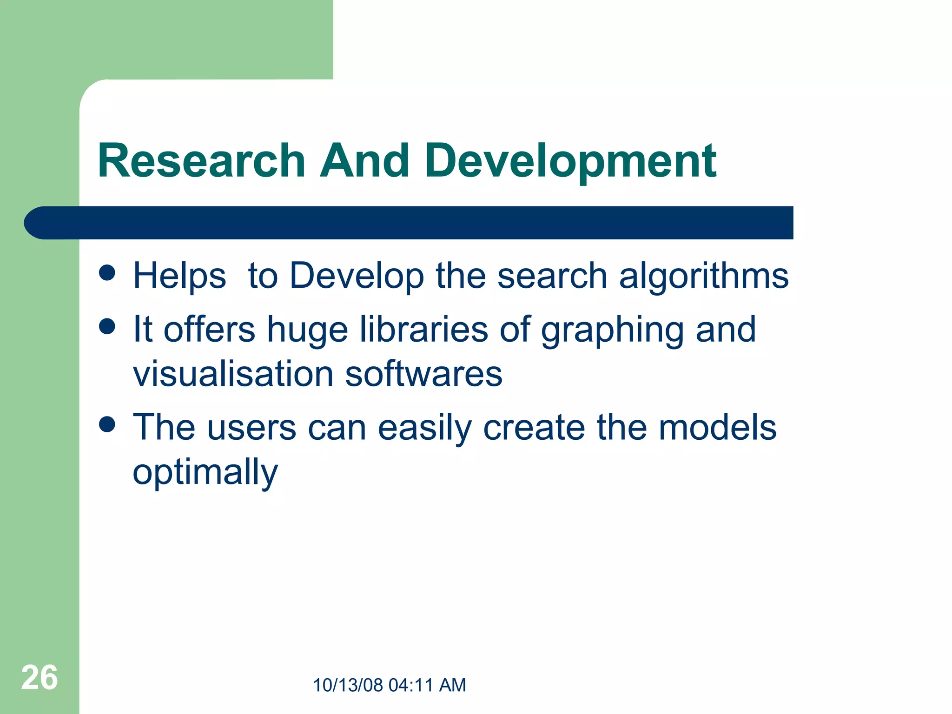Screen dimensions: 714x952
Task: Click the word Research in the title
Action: [x=201, y=161]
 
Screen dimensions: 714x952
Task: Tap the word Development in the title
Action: [x=570, y=162]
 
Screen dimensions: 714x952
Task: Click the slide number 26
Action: [x=40, y=678]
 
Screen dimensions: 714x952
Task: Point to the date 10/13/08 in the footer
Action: [x=348, y=685]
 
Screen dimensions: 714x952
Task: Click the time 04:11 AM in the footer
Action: [x=427, y=685]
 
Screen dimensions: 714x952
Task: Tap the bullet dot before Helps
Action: [x=107, y=273]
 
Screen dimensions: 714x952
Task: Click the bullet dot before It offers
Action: [x=107, y=326]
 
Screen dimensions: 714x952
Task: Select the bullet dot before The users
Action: [x=107, y=424]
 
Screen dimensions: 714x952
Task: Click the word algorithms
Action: [x=704, y=276]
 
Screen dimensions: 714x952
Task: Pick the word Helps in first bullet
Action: [x=179, y=276]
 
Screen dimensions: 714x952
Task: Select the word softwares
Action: [x=423, y=374]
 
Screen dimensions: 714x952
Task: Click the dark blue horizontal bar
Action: [x=409, y=223]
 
